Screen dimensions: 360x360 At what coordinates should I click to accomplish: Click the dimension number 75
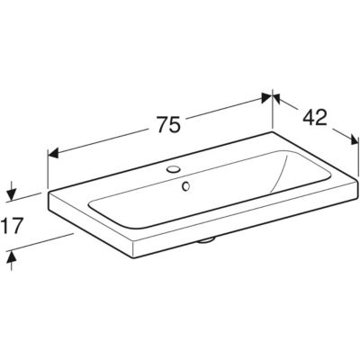(169, 124)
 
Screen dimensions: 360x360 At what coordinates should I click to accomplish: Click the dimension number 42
(314, 117)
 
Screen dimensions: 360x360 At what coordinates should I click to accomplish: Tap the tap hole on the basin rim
(173, 169)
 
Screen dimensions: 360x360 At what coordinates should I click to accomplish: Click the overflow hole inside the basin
(186, 186)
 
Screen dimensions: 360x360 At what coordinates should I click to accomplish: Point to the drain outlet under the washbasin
(206, 240)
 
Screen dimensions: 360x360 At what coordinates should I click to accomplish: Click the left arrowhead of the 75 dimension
(53, 154)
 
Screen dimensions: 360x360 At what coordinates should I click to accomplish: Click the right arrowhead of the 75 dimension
(266, 98)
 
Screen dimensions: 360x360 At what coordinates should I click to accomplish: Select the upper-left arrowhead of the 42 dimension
(276, 98)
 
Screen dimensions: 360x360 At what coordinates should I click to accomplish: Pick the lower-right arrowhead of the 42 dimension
(355, 139)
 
